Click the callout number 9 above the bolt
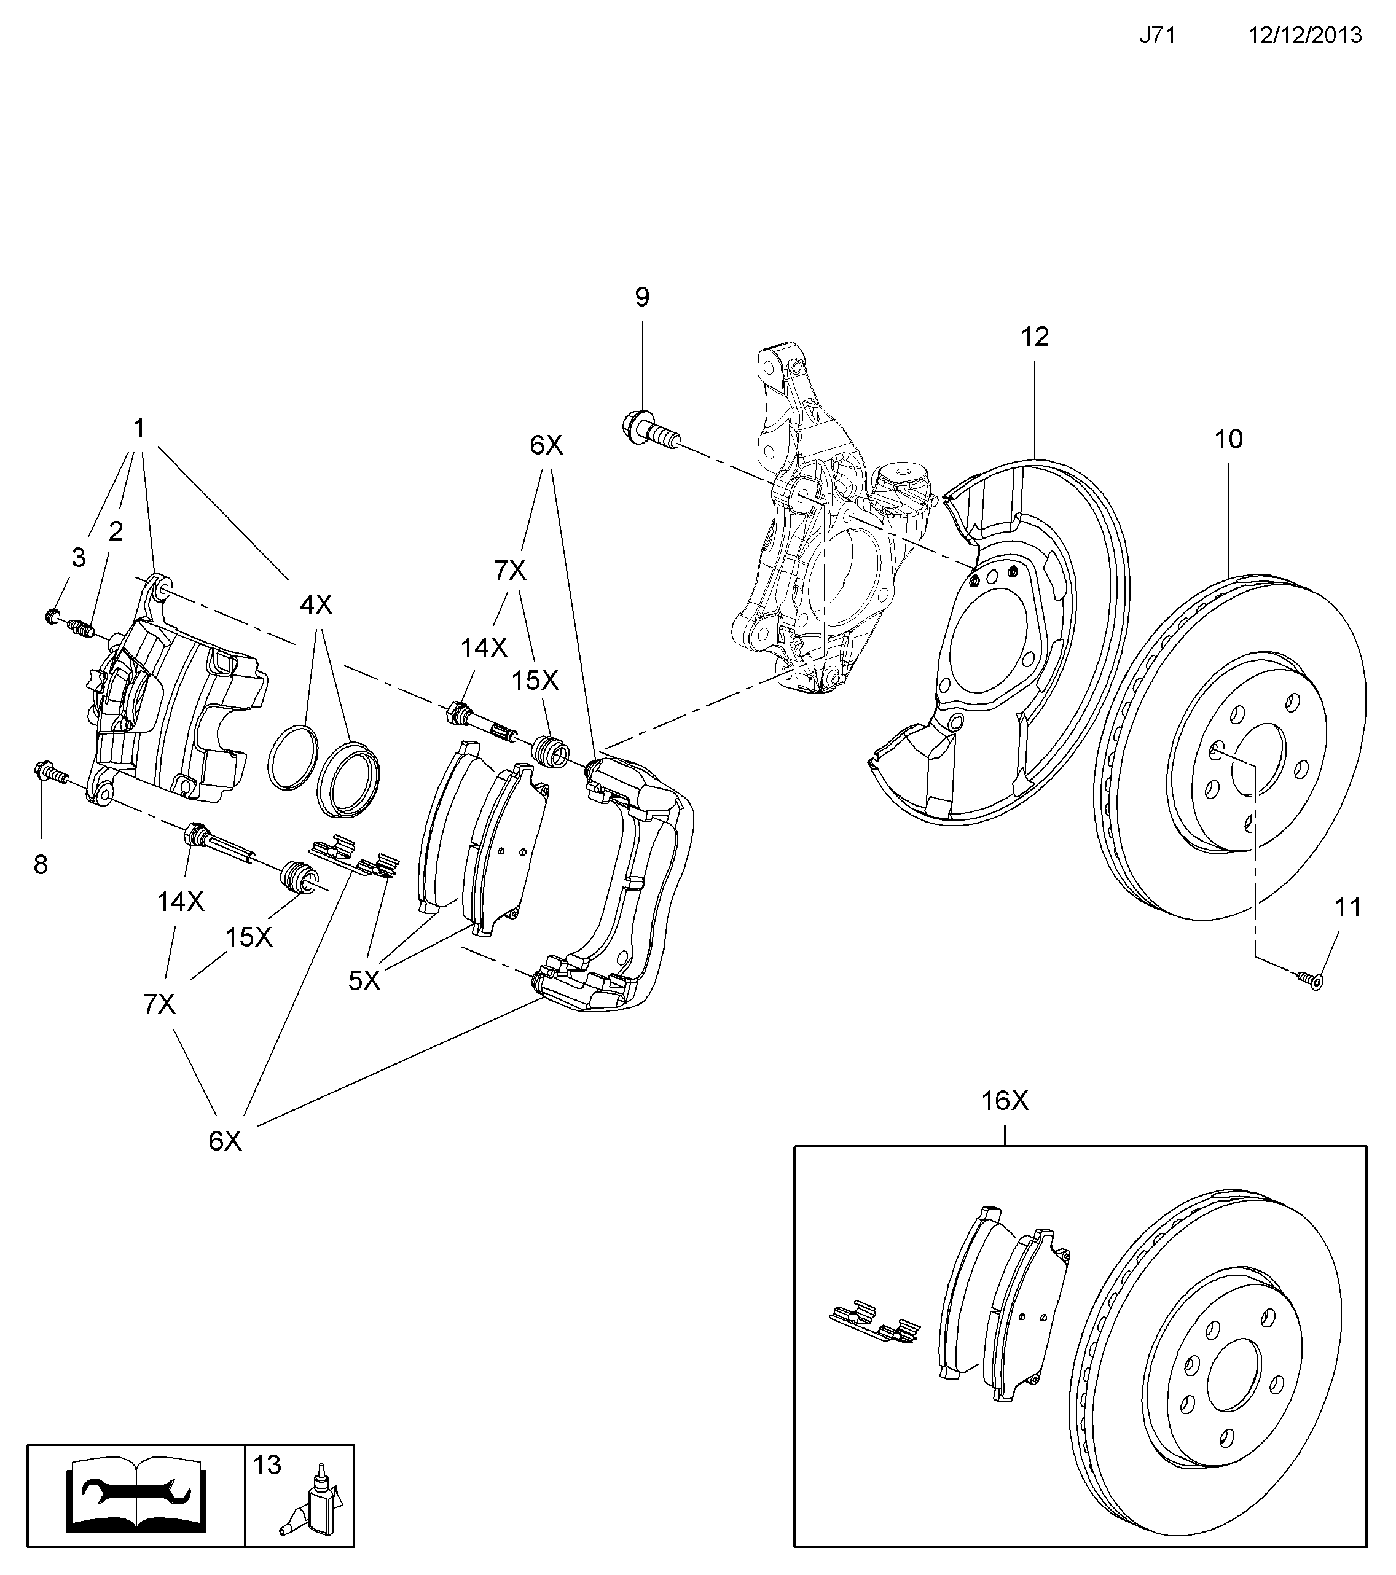[642, 297]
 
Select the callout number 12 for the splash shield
[1035, 337]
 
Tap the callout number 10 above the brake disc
[1229, 439]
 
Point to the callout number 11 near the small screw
[1348, 908]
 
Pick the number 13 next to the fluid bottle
[267, 1465]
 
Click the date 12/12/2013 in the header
[1306, 36]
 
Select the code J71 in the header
[1158, 36]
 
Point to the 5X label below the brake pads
[364, 980]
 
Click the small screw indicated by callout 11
[1309, 979]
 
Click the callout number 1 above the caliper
[139, 428]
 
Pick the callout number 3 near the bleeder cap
[79, 558]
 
